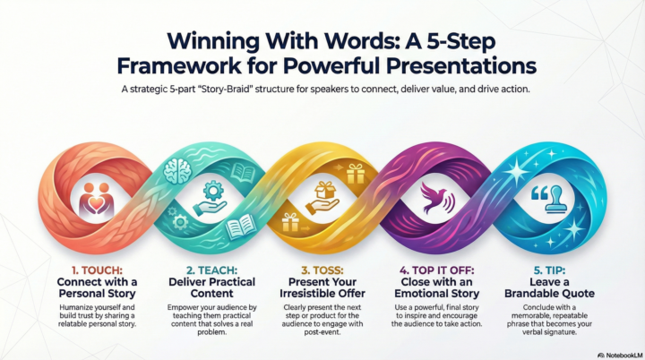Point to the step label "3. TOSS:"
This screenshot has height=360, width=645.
[323, 267]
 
